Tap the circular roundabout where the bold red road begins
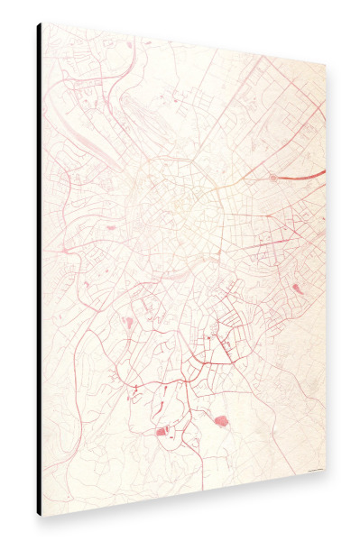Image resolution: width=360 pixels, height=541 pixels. (272, 179)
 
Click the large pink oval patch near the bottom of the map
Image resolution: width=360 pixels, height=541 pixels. (219, 419)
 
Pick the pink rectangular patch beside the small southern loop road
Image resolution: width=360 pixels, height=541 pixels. (162, 432)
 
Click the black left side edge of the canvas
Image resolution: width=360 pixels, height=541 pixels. (39, 270)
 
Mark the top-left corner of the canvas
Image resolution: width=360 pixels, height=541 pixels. (42, 23)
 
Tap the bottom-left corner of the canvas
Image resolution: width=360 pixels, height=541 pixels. (42, 515)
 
